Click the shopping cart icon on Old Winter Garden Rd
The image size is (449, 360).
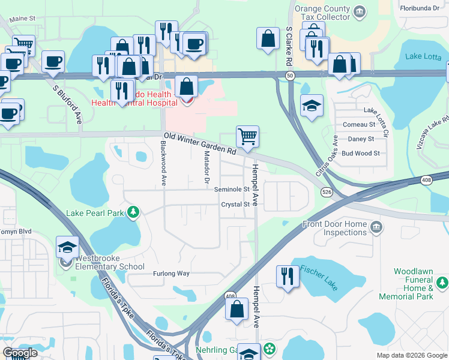[x=247, y=137]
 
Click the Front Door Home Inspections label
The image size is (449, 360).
[x=334, y=228]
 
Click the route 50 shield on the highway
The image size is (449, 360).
[x=290, y=75]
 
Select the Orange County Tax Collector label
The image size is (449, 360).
[x=323, y=13]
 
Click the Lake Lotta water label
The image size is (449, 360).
[x=423, y=56]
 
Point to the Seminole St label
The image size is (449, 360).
[x=232, y=189]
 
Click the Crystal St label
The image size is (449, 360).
[x=235, y=205]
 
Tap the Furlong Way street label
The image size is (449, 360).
[x=171, y=274]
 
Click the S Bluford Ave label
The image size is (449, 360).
[x=67, y=104]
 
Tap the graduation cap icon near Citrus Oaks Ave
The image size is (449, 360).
[x=312, y=106]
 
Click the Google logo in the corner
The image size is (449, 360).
[x=20, y=353]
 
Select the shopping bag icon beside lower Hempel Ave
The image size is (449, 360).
[x=237, y=309]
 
